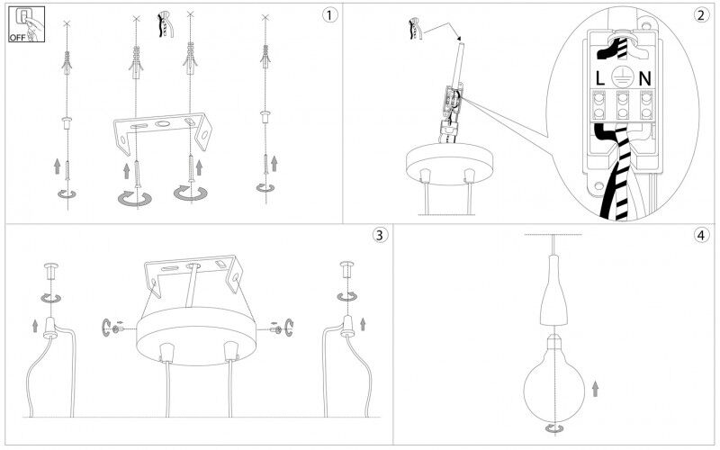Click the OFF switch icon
pos(26,24)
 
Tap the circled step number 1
pos(329,15)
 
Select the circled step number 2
pos(700,15)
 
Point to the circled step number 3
pos(379,235)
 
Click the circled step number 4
pos(700,236)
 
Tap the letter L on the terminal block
pos(599,79)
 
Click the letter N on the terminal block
pos(644,79)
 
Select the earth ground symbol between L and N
pos(623,77)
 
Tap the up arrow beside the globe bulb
pos(596,389)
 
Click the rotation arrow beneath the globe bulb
pos(554,429)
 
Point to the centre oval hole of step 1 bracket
pos(162,123)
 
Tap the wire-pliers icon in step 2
pos(415,29)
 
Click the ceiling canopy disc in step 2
pos(449,165)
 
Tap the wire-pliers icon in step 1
pos(165,25)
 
